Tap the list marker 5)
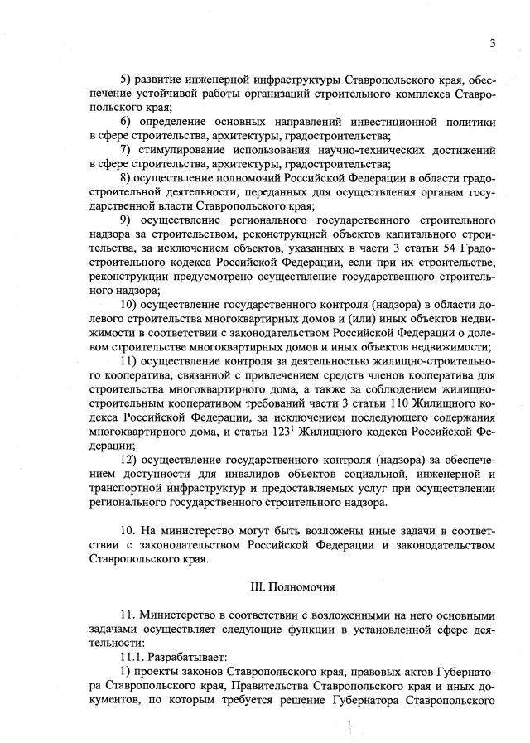pos(127,80)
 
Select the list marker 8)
pos(127,177)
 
